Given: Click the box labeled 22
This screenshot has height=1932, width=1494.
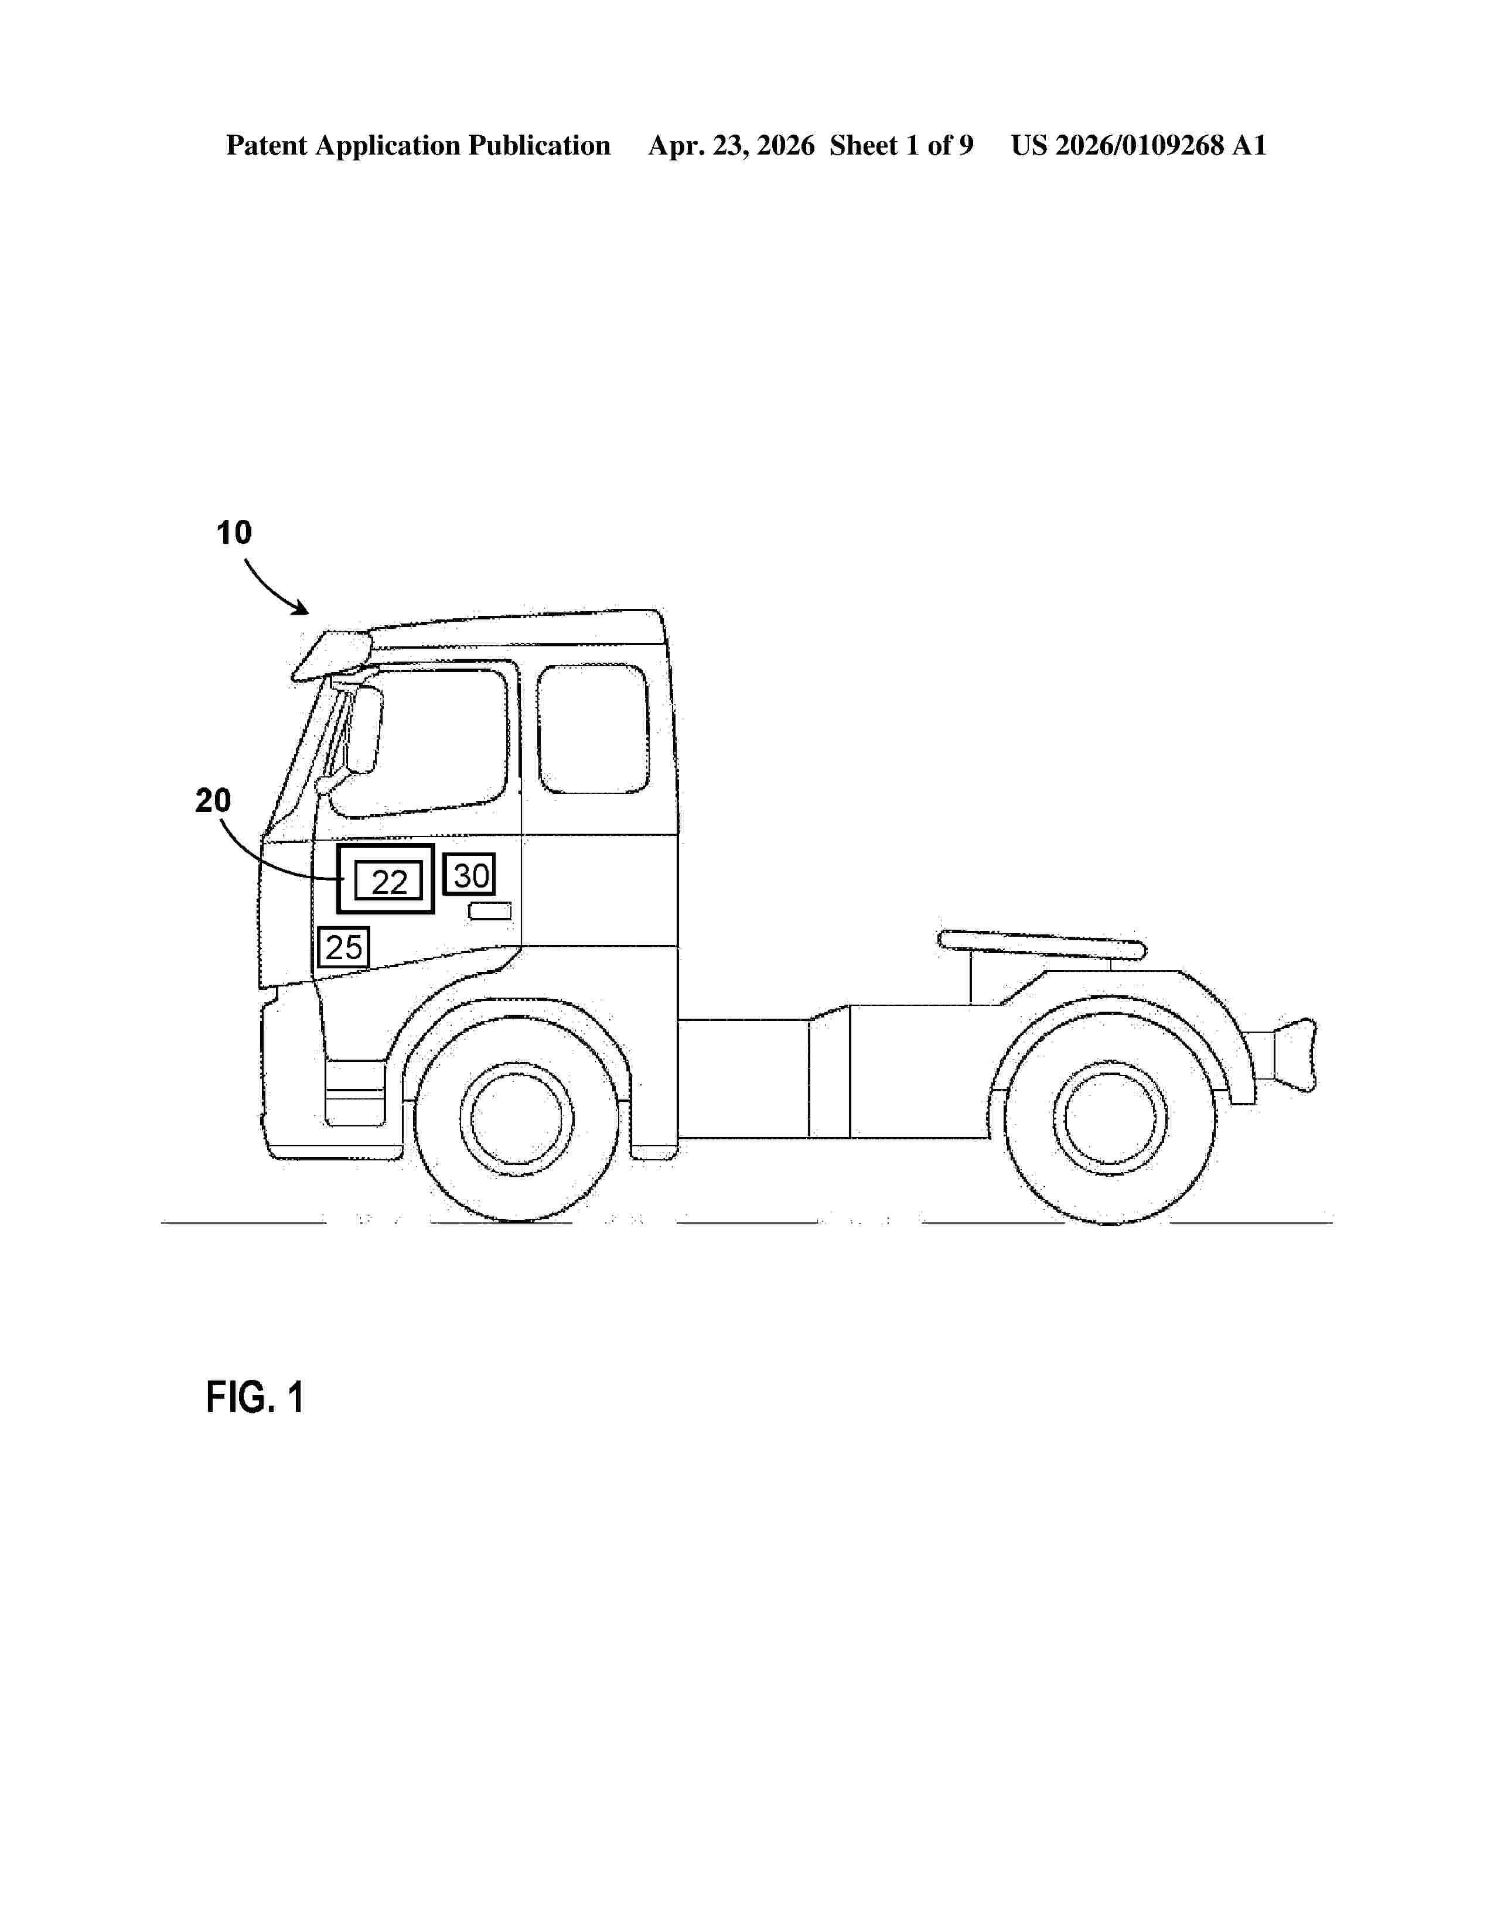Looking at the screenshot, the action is coord(388,882).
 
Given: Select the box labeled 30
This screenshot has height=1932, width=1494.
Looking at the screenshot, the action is coord(469,875).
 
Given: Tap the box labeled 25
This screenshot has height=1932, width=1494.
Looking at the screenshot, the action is coord(343,947).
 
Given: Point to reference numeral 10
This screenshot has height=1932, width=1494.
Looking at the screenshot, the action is coord(234,533).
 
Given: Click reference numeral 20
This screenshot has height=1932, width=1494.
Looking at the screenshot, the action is coord(213,800).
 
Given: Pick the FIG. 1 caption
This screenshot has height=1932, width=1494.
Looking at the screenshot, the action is coord(255,1397).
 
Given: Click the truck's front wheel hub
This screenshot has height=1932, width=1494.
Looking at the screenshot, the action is coord(517,1118).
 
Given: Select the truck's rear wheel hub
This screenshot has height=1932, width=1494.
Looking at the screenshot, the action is coord(1110,1119).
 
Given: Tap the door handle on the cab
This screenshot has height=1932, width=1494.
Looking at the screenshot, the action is coord(489,911).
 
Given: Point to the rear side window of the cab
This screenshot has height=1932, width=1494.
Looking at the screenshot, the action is coord(593,729).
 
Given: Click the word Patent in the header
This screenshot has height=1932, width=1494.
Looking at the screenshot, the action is coord(267,145).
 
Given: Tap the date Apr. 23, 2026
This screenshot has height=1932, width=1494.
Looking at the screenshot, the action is coord(731,145).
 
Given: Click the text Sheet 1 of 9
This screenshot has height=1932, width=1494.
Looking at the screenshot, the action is coord(901,145).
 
